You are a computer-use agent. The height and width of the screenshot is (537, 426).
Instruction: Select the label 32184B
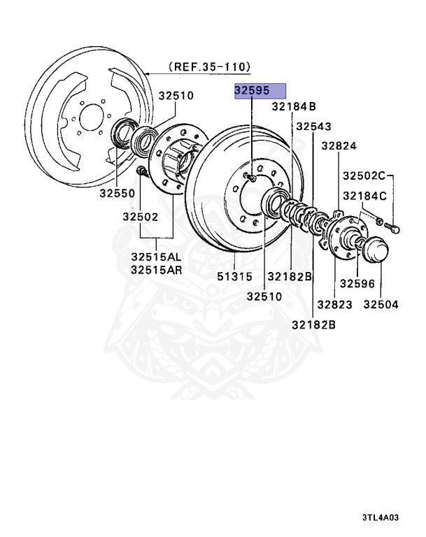294,107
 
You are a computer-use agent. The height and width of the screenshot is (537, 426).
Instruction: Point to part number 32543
313,127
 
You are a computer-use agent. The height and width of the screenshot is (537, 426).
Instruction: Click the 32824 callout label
339,146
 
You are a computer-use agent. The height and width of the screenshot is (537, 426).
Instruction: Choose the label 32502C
364,176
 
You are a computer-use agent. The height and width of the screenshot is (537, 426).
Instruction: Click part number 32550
116,192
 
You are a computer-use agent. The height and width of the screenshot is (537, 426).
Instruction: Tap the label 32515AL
155,257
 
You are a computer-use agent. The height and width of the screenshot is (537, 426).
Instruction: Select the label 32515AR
155,269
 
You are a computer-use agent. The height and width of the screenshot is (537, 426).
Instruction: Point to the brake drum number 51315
234,277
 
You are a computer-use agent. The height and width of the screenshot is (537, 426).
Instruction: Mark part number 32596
357,284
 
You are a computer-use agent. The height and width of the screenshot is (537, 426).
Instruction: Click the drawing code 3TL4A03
379,518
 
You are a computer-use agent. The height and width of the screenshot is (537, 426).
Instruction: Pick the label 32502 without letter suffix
138,217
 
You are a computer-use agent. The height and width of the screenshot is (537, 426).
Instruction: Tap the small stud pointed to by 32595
250,177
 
